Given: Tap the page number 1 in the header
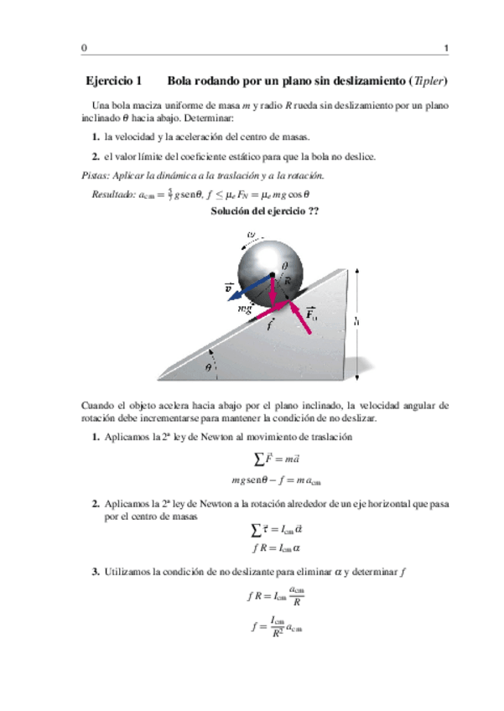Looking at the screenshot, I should click(x=445, y=48).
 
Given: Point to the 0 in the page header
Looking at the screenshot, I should click(x=84, y=48).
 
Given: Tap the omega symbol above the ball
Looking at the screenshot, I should click(x=251, y=234).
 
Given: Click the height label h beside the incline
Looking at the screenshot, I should click(x=357, y=319).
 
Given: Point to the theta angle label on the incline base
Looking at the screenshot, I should click(x=209, y=366).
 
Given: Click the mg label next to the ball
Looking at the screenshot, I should click(x=246, y=309).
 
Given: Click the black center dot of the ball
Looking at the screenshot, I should click(x=273, y=276).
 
